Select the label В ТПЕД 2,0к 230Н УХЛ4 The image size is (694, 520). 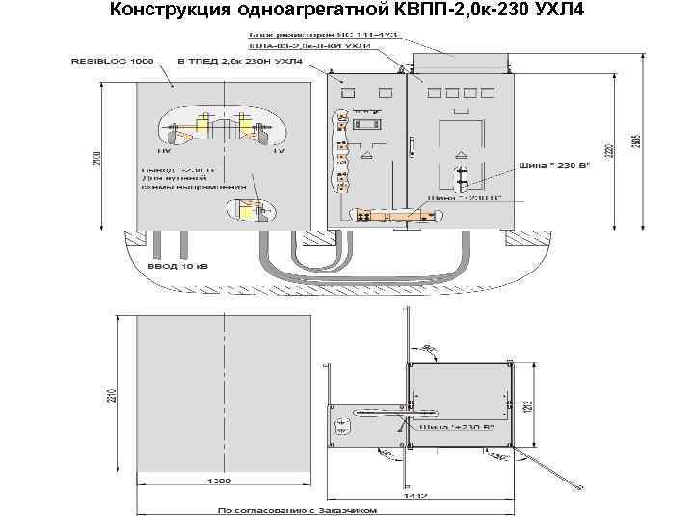pyautogui.click(x=240, y=61)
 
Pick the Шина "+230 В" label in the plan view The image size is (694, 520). pyautogui.click(x=462, y=427)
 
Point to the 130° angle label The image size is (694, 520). pyautogui.click(x=500, y=459)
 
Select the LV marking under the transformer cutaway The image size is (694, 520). pyautogui.click(x=280, y=152)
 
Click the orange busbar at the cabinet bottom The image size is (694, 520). pyautogui.click(x=386, y=215)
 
